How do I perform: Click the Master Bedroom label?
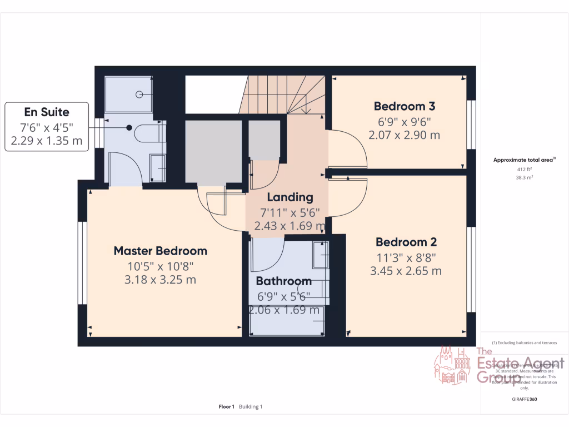click(x=160, y=251)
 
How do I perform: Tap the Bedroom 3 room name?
click(x=404, y=106)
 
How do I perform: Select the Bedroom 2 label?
click(x=406, y=242)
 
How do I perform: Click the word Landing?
click(x=290, y=197)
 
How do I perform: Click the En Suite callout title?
click(x=47, y=112)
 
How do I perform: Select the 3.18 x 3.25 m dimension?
click(x=160, y=280)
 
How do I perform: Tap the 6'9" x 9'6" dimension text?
click(x=404, y=121)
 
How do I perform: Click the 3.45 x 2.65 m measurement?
click(x=406, y=271)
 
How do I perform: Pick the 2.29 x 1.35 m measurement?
click(x=47, y=141)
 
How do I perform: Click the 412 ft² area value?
click(x=525, y=169)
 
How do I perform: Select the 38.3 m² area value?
click(x=525, y=178)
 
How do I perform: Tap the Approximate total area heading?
click(x=525, y=160)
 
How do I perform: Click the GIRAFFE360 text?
click(x=525, y=399)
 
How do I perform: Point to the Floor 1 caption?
click(x=227, y=406)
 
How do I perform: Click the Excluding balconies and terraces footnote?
click(x=525, y=343)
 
